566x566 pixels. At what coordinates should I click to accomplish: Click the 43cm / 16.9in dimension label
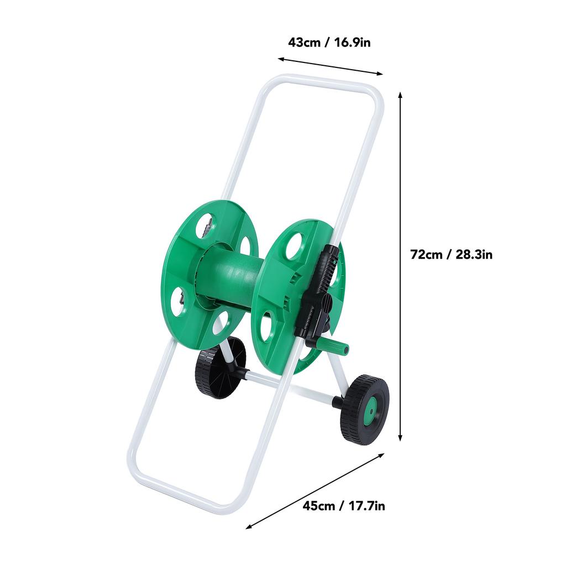329,43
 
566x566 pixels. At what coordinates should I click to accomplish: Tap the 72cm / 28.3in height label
451,254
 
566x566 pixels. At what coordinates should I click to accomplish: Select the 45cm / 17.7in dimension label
344,506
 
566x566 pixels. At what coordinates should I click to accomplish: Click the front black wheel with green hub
365,410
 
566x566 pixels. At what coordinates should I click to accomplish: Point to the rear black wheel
220,368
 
